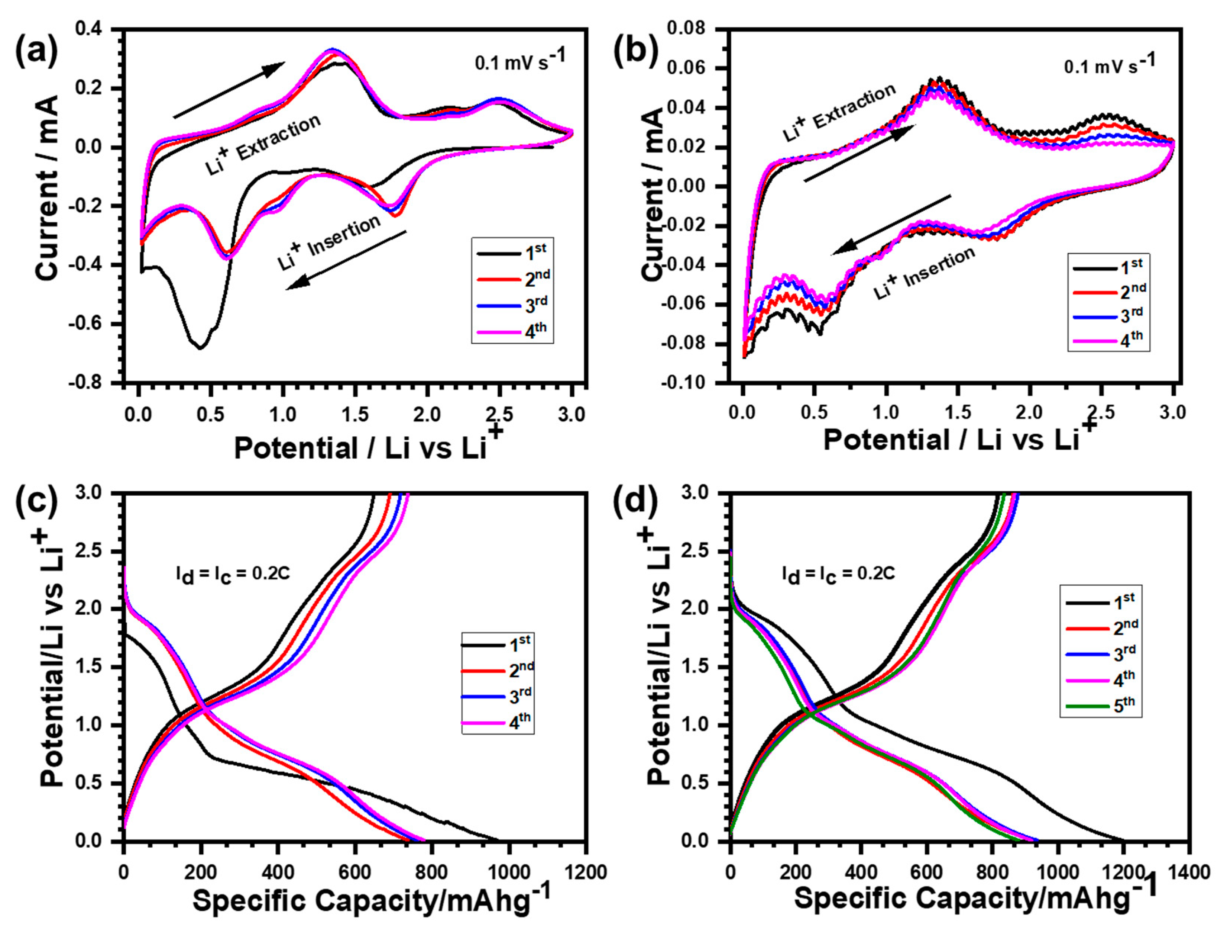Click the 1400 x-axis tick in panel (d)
1188,872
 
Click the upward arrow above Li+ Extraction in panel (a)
229,90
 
